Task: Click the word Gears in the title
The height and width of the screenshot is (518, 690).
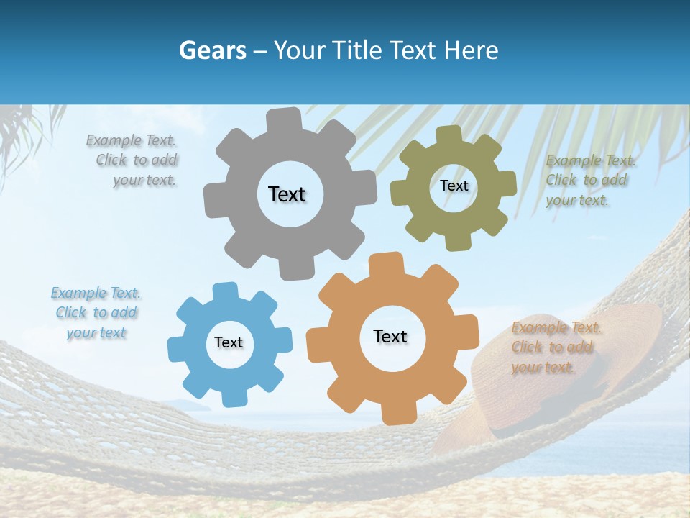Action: (211, 50)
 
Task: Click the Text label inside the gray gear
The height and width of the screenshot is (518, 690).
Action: (287, 194)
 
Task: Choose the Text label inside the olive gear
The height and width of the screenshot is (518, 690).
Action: (454, 186)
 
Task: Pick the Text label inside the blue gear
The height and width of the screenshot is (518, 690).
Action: (229, 343)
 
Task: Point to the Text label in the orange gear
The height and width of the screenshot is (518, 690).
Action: (390, 337)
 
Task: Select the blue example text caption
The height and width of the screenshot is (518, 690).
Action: (96, 313)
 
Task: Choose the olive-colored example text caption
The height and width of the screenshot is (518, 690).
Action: (589, 180)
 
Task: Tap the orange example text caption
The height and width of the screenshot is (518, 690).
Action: (556, 347)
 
